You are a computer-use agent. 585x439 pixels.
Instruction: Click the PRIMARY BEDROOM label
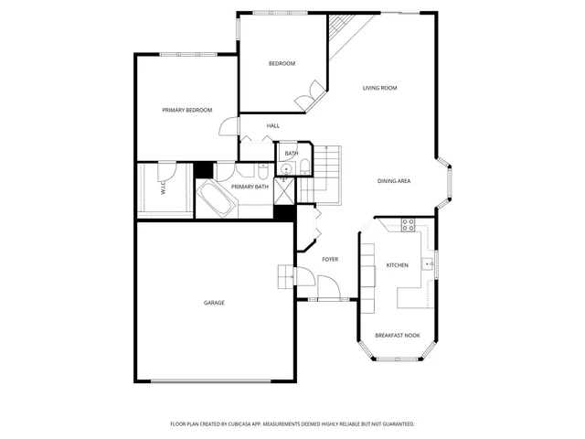click(186, 110)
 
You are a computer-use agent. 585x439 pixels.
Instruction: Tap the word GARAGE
click(214, 303)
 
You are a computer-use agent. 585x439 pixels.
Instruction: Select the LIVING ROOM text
click(379, 88)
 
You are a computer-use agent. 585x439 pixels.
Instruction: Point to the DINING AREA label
click(394, 181)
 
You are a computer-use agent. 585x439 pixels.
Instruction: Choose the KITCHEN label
click(397, 265)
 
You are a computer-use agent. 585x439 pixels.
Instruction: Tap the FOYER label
click(330, 259)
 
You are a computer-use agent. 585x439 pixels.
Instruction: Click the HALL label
click(272, 125)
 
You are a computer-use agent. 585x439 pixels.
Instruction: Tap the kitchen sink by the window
click(427, 264)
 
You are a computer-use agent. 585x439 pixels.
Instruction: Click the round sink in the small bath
click(286, 168)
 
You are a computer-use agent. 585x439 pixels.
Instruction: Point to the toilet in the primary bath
click(262, 172)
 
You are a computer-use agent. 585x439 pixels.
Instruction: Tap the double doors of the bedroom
click(309, 93)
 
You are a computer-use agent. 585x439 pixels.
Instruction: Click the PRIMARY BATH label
click(250, 187)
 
